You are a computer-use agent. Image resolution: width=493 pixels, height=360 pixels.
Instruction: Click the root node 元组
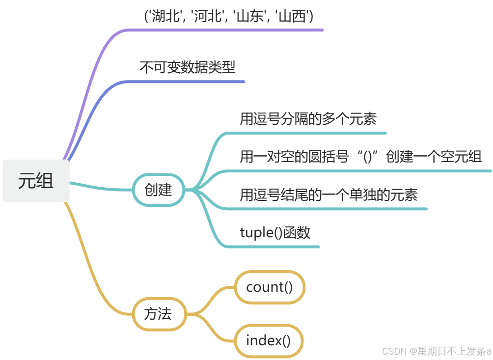tap(36, 181)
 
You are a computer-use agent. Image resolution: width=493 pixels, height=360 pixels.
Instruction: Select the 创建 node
tap(158, 190)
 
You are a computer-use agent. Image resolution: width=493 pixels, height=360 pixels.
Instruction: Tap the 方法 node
tap(158, 314)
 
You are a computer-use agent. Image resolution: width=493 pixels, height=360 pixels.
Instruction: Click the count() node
tap(270, 287)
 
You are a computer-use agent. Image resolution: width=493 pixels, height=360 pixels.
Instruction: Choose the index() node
tap(268, 340)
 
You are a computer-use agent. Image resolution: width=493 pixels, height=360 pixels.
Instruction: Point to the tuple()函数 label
tap(275, 232)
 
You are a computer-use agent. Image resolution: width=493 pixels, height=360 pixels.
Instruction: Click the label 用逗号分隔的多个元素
tap(308, 119)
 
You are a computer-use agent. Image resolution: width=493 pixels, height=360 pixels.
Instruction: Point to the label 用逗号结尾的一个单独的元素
tap(329, 195)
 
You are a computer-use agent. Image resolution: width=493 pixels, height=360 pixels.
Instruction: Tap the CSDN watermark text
tap(436, 351)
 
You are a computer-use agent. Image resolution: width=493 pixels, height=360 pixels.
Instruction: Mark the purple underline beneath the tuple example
tap(226, 30)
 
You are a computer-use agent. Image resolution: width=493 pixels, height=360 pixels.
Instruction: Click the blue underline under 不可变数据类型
tap(187, 82)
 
